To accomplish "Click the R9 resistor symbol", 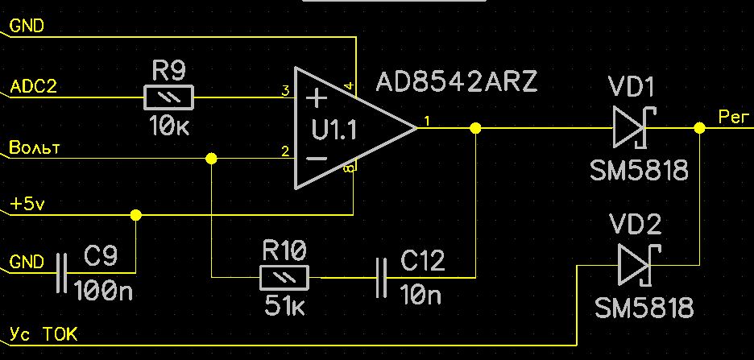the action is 169,97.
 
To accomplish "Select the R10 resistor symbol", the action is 284,277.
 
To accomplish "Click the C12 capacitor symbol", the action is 381,277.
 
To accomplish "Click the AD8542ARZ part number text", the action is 456,83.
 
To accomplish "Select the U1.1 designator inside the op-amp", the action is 334,130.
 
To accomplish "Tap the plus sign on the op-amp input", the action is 316,99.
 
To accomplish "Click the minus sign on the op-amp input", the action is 317,159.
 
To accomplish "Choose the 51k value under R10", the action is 284,306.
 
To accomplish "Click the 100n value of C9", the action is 103,290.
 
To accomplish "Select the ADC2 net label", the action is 33,86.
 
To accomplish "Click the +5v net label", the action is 28,205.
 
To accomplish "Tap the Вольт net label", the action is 35,147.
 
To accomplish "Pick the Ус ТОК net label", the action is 43,333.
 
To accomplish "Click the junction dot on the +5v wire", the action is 136,215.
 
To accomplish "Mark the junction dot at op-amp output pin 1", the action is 475,128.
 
